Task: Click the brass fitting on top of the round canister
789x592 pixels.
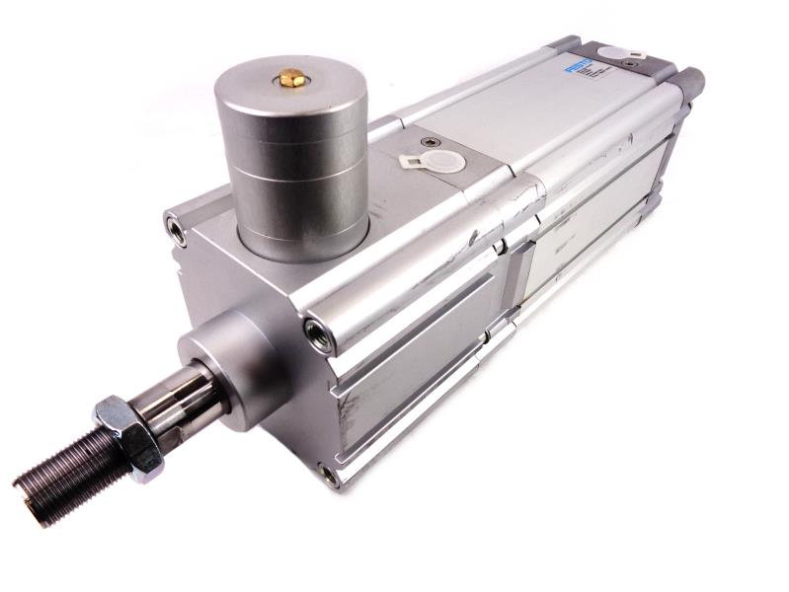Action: point(291,77)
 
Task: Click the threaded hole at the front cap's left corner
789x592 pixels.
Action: point(176,229)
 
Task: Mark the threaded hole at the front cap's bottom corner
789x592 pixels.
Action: point(329,476)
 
